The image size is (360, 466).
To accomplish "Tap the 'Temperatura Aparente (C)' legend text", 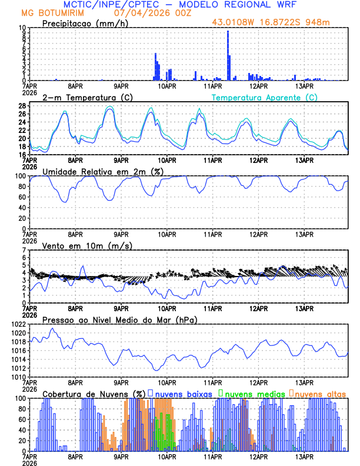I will pyautogui.click(x=265, y=97).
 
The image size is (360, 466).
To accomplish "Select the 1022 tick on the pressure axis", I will pyautogui.click(x=18, y=324).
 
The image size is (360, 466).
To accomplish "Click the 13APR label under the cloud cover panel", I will pyautogui.click(x=304, y=456).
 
